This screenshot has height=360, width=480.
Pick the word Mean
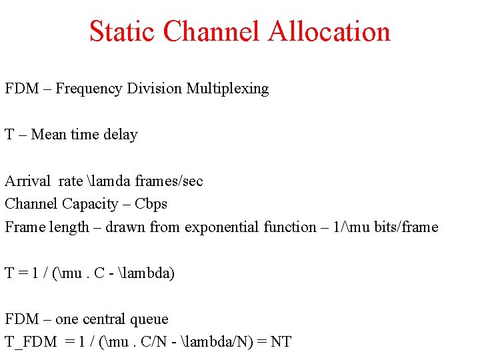point(49,135)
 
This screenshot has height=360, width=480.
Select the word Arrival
point(27,181)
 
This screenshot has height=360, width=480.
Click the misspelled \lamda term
point(109,181)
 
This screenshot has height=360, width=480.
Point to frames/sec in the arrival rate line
point(169,181)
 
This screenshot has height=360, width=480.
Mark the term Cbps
point(151,204)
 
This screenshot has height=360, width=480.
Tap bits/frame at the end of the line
point(406,227)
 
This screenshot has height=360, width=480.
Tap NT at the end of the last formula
point(281,343)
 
